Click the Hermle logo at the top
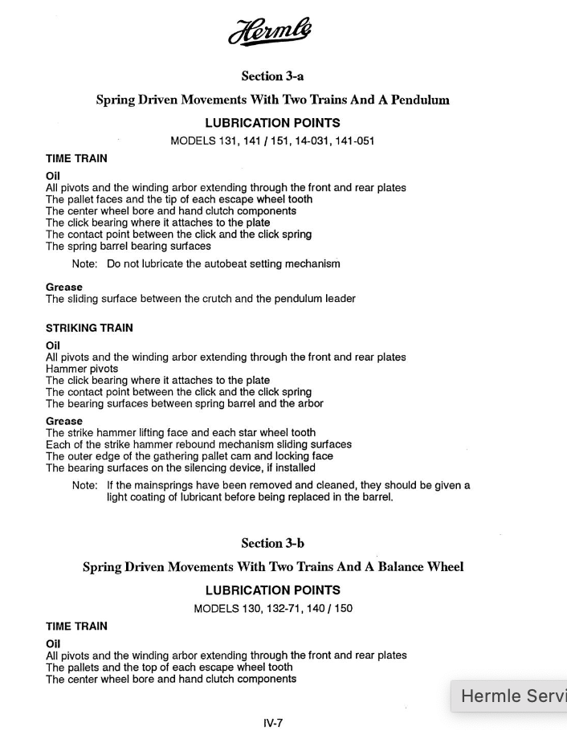270,33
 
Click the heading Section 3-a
272,76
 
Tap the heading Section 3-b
272,543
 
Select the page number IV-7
273,723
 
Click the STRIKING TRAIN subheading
89,328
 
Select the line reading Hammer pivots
82,369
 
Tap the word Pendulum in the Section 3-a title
420,100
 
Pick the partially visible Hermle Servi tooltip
509,696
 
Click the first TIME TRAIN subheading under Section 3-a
76,158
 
